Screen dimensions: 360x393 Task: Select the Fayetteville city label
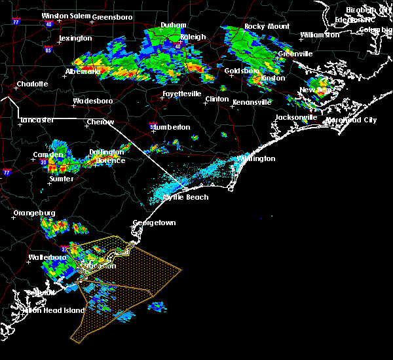tap(182, 94)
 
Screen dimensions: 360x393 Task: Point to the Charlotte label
tap(33, 84)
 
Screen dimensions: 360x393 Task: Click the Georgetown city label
tap(155, 223)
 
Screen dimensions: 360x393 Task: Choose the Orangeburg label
tap(34, 213)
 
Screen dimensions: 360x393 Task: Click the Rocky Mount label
tap(267, 27)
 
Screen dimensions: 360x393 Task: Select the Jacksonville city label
tap(296, 118)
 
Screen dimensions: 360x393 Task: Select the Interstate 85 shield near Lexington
tap(48, 49)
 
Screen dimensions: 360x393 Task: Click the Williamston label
tap(320, 35)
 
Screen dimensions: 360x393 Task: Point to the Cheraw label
tap(100, 122)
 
